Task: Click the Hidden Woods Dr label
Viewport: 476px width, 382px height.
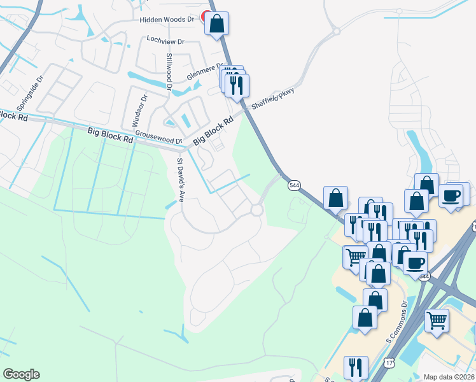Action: [x=167, y=20]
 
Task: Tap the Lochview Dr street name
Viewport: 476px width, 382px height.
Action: [x=165, y=41]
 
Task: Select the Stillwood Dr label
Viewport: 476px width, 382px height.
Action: [x=169, y=68]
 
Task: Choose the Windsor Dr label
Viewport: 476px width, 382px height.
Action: [x=139, y=110]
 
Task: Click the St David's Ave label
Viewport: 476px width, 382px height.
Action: [x=180, y=179]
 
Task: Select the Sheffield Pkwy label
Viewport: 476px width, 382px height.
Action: [x=273, y=99]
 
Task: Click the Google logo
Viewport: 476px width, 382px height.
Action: [x=21, y=374]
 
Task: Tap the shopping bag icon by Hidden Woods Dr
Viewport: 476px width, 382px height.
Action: [x=217, y=24]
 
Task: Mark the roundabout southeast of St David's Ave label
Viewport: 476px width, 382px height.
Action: [x=257, y=210]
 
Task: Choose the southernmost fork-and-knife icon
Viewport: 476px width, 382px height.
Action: [x=356, y=368]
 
